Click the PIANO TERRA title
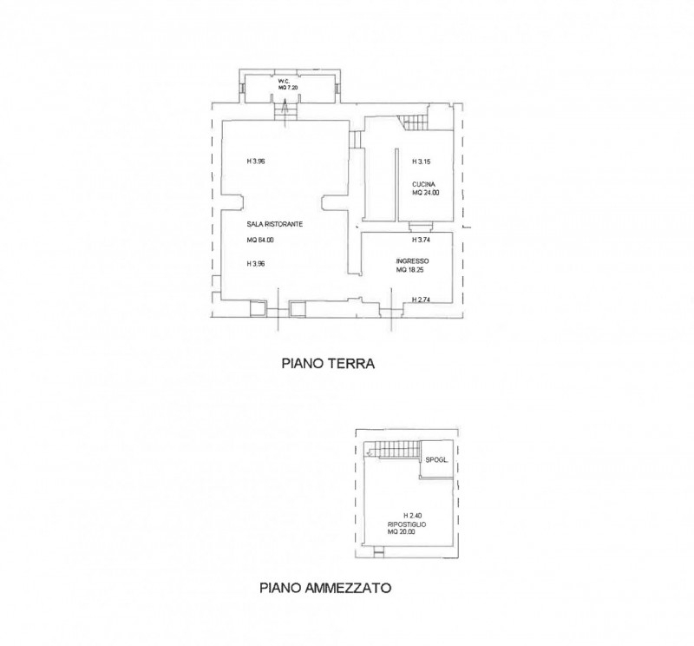pos(328,364)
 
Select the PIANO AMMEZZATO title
pos(325,588)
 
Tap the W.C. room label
pos(284,82)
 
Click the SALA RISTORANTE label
pos(275,224)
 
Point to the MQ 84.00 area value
pos(260,241)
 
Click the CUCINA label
pos(423,184)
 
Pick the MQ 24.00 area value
pos(426,193)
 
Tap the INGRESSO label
pos(413,261)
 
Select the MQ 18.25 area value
pos(409,269)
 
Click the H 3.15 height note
pos(421,161)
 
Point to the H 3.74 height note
pos(421,241)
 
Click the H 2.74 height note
pos(421,300)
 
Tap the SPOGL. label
pos(437,460)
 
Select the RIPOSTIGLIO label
pos(407,524)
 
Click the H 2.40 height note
pos(413,516)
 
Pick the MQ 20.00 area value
pos(402,531)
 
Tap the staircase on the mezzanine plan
pos(393,450)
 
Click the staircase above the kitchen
pos(414,122)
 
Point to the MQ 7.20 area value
pos(288,88)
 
